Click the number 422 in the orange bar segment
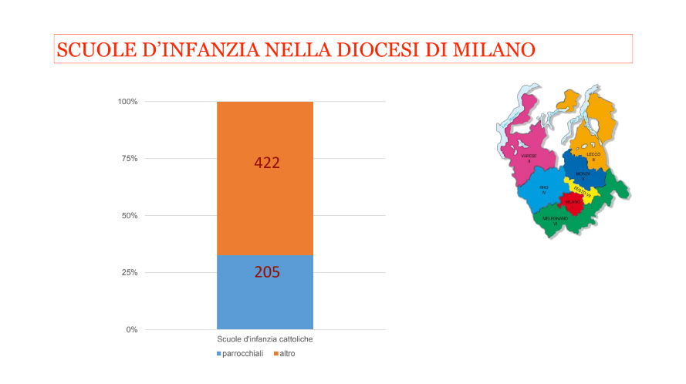tap(266, 163)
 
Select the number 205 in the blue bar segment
tap(266, 272)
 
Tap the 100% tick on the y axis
tap(127, 102)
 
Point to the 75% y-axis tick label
tap(129, 159)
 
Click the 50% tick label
tap(129, 216)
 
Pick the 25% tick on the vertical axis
tap(129, 273)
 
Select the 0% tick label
tap(131, 330)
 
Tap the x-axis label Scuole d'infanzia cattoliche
tap(265, 339)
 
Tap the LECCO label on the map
tap(593, 156)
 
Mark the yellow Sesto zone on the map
tap(583, 190)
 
